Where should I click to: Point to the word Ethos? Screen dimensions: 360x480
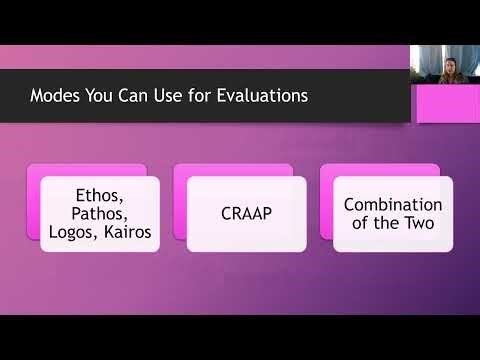click(99, 194)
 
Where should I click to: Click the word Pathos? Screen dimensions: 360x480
click(99, 213)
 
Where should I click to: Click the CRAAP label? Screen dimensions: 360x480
click(245, 213)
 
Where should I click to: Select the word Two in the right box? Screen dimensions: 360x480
click(419, 222)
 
